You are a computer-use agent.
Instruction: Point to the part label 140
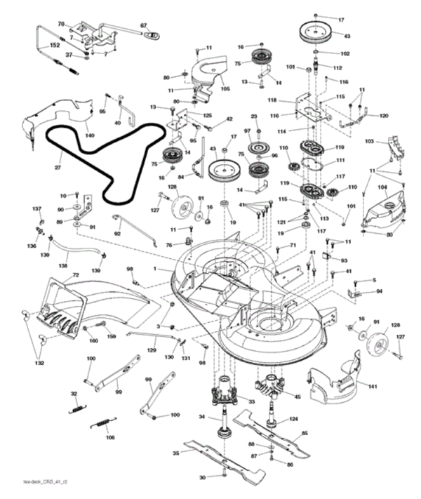[89, 134]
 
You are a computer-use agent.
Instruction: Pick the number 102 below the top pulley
[345, 53]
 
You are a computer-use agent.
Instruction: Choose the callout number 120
[383, 115]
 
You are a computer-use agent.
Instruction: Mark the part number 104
[382, 187]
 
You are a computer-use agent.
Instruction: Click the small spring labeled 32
[78, 406]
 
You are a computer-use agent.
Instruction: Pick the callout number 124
[293, 420]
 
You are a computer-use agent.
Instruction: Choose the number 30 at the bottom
[202, 478]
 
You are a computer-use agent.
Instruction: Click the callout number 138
[62, 267]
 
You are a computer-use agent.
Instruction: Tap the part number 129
[151, 350]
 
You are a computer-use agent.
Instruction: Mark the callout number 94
[379, 291]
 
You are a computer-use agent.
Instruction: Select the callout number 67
[145, 26]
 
